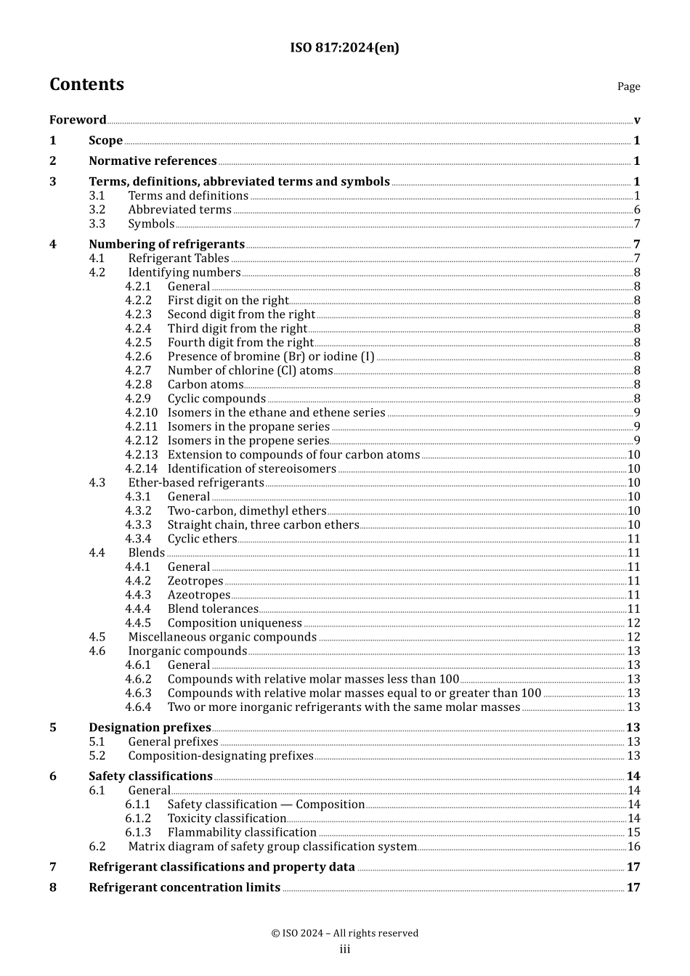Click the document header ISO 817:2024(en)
(344, 48)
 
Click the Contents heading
(86, 85)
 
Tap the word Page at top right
(628, 86)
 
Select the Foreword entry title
(78, 120)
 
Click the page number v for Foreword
(636, 121)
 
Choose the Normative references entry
(153, 161)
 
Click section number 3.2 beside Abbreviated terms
(97, 210)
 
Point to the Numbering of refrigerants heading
(166, 245)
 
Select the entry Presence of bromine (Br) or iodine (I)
(271, 357)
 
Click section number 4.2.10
(141, 412)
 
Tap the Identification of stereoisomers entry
(251, 469)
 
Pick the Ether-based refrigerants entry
(196, 483)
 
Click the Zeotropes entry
(195, 581)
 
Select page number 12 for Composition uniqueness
(633, 623)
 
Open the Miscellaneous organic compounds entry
(222, 637)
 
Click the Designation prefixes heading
(150, 728)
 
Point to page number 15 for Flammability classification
(633, 832)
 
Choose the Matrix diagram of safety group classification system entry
(272, 847)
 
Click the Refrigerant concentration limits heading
(184, 887)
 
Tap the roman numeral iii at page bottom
(345, 950)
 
